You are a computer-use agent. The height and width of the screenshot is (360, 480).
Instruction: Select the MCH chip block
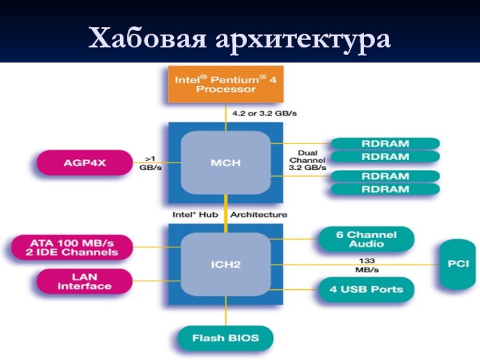(225, 163)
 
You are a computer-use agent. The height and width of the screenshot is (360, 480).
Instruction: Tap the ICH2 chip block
(225, 263)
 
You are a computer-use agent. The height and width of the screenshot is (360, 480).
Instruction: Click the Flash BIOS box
(226, 338)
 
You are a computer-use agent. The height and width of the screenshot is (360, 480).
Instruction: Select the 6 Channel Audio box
(365, 239)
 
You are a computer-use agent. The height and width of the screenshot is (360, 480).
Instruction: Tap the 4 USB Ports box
(365, 290)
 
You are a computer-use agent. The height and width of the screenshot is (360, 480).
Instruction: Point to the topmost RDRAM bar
(385, 143)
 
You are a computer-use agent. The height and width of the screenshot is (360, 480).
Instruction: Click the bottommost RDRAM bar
(385, 189)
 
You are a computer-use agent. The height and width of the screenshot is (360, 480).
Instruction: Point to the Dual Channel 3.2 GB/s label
(307, 160)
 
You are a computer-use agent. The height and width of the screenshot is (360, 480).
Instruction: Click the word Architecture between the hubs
(259, 214)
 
